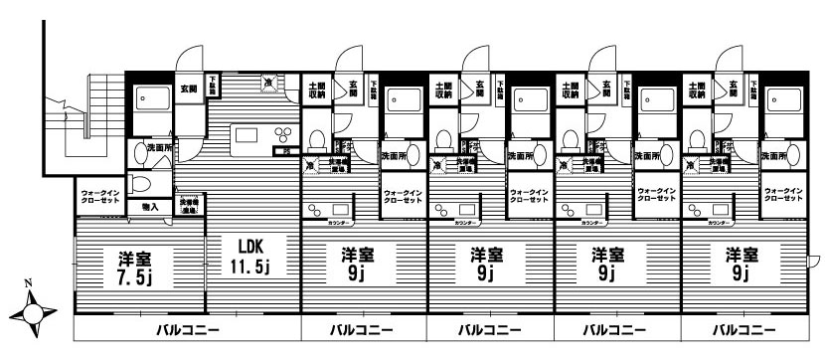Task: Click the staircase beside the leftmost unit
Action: pyautogui.click(x=83, y=119)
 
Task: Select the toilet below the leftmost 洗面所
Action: pyautogui.click(x=140, y=186)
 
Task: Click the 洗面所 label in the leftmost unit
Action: pyautogui.click(x=159, y=149)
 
